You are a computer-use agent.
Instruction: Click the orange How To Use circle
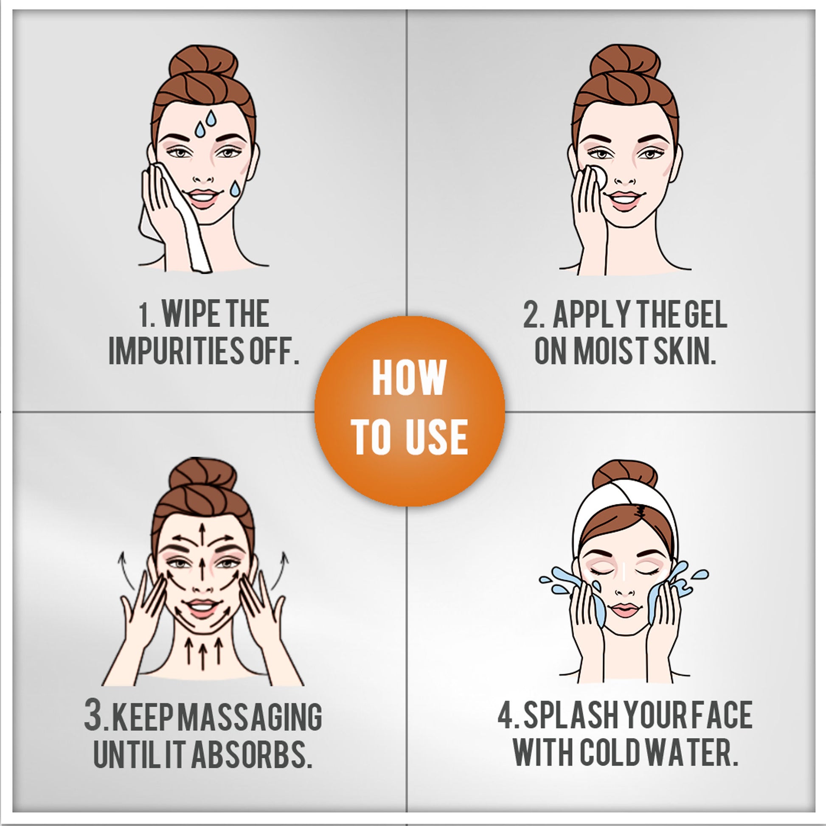point(410,411)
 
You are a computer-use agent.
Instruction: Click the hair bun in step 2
point(626,62)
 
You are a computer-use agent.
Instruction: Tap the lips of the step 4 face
point(625,609)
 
